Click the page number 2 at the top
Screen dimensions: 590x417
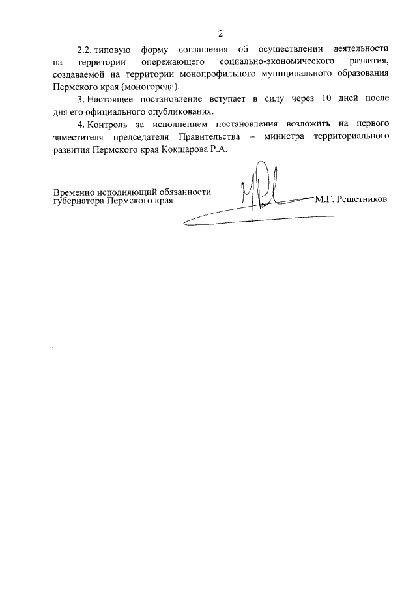(221, 33)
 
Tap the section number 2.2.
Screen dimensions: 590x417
(85, 50)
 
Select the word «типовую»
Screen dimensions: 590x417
(114, 50)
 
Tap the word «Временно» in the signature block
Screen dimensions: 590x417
(74, 193)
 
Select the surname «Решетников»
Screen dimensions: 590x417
(361, 199)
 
